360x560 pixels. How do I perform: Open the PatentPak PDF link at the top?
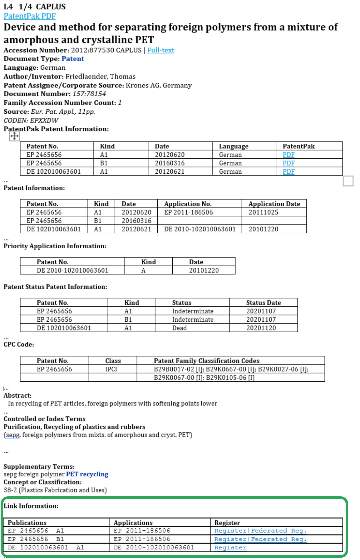(x=30, y=16)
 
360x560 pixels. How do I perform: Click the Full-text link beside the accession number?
(x=161, y=50)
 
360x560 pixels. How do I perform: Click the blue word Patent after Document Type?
(x=73, y=59)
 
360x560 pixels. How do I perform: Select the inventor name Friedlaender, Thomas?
(x=100, y=77)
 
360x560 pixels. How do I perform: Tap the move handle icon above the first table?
(x=14, y=136)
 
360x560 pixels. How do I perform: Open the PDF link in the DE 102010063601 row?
(x=288, y=171)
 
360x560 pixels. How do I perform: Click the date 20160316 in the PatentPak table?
(x=170, y=163)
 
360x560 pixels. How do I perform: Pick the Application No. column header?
(x=188, y=204)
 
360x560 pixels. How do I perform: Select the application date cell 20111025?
(x=263, y=212)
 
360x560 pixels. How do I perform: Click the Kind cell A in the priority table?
(x=143, y=270)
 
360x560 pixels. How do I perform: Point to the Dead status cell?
(x=180, y=328)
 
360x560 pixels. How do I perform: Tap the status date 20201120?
(x=261, y=328)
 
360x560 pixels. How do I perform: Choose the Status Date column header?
(x=263, y=303)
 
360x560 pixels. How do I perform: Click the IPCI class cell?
(x=111, y=369)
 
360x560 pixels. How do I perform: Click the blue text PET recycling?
(x=87, y=474)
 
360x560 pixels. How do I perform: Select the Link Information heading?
(x=31, y=506)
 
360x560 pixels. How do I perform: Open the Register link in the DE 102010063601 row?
(x=230, y=548)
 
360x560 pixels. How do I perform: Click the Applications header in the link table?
(x=133, y=523)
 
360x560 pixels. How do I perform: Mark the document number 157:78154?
(x=89, y=94)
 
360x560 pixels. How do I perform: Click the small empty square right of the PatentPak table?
(x=348, y=181)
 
